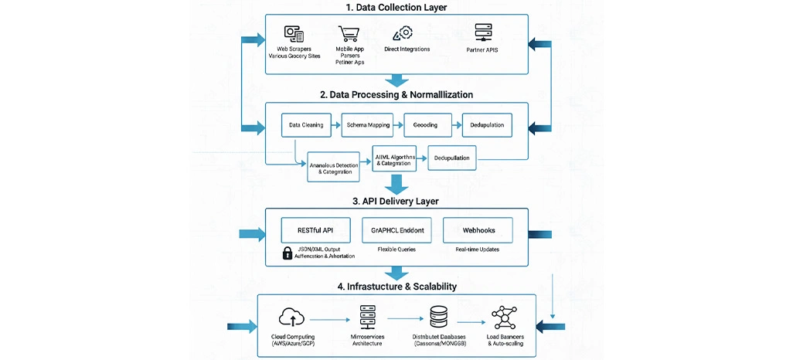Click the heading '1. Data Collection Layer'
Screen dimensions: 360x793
396,7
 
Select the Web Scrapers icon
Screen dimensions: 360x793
294,35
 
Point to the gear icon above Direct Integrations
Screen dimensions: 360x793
403,33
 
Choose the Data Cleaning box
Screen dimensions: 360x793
305,124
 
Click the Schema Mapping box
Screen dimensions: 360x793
368,124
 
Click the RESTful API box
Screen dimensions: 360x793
316,229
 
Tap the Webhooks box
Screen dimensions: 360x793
478,229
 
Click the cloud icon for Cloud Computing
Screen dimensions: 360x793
294,317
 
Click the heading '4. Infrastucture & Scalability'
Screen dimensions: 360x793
396,286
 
